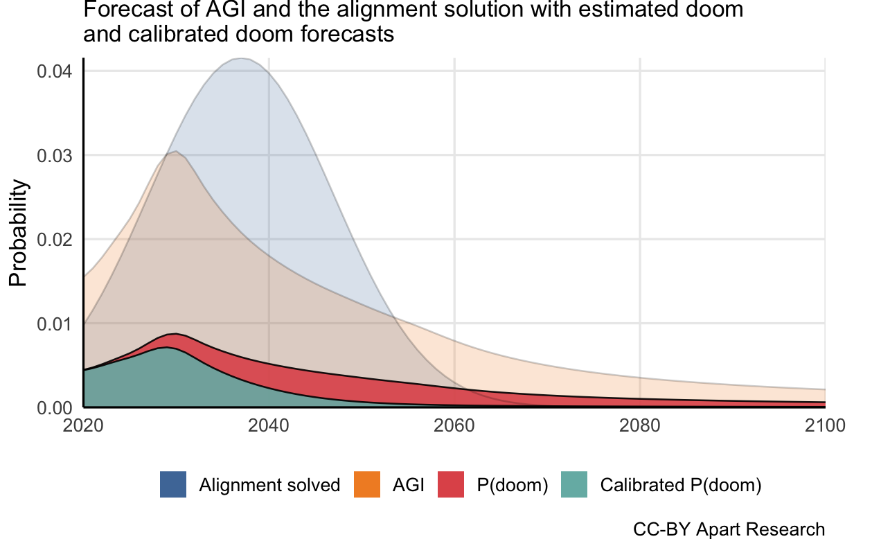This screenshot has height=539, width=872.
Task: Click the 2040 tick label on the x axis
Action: point(269,425)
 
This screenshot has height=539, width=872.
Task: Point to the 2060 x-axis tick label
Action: point(454,425)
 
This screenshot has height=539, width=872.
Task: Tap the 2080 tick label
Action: point(640,425)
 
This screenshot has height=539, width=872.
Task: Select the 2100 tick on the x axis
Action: point(825,425)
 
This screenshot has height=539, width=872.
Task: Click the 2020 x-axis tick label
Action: point(83,425)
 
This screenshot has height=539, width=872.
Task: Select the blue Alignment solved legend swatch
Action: point(173,484)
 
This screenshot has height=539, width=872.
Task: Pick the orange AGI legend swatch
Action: point(367,484)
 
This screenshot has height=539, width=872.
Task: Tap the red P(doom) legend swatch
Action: point(451,484)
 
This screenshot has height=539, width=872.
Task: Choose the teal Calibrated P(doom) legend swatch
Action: point(574,484)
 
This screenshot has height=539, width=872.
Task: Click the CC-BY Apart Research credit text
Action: point(729,529)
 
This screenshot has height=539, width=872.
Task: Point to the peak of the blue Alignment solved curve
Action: point(240,59)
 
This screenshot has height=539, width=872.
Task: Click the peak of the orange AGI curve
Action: point(176,151)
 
